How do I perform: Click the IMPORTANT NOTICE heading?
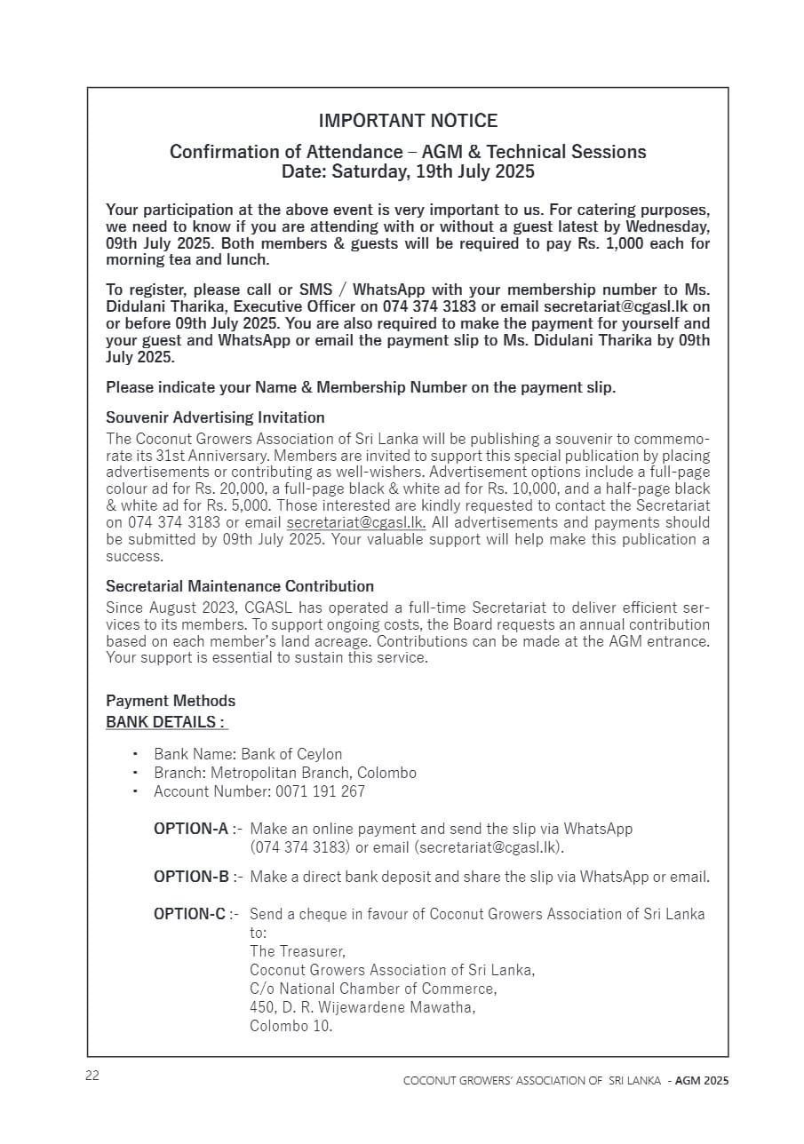[x=408, y=121]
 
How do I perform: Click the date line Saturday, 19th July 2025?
[x=408, y=171]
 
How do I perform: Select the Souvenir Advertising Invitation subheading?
[x=215, y=417]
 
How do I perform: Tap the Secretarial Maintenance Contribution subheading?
[x=240, y=586]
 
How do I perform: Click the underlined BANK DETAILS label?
[x=166, y=722]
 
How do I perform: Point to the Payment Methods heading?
[x=171, y=702]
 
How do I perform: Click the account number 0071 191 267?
[x=320, y=791]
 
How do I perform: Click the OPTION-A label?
[x=191, y=829]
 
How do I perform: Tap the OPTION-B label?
[x=191, y=878]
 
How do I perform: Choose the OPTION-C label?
[x=189, y=914]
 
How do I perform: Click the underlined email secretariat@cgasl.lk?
[x=355, y=522]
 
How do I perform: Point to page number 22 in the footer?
[x=92, y=1076]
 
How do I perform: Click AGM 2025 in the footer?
[x=702, y=1081]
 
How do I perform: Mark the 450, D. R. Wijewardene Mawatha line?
[x=362, y=1007]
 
